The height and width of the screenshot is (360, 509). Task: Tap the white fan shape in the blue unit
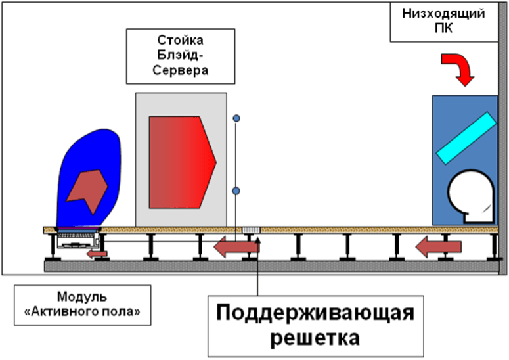coord(470,196)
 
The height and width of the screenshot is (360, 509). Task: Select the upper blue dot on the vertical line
coord(236,118)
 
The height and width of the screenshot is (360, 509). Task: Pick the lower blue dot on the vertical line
coord(236,191)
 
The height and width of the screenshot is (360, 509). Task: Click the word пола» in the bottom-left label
coord(125,311)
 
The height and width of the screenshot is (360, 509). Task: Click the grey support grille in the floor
coord(251,230)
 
